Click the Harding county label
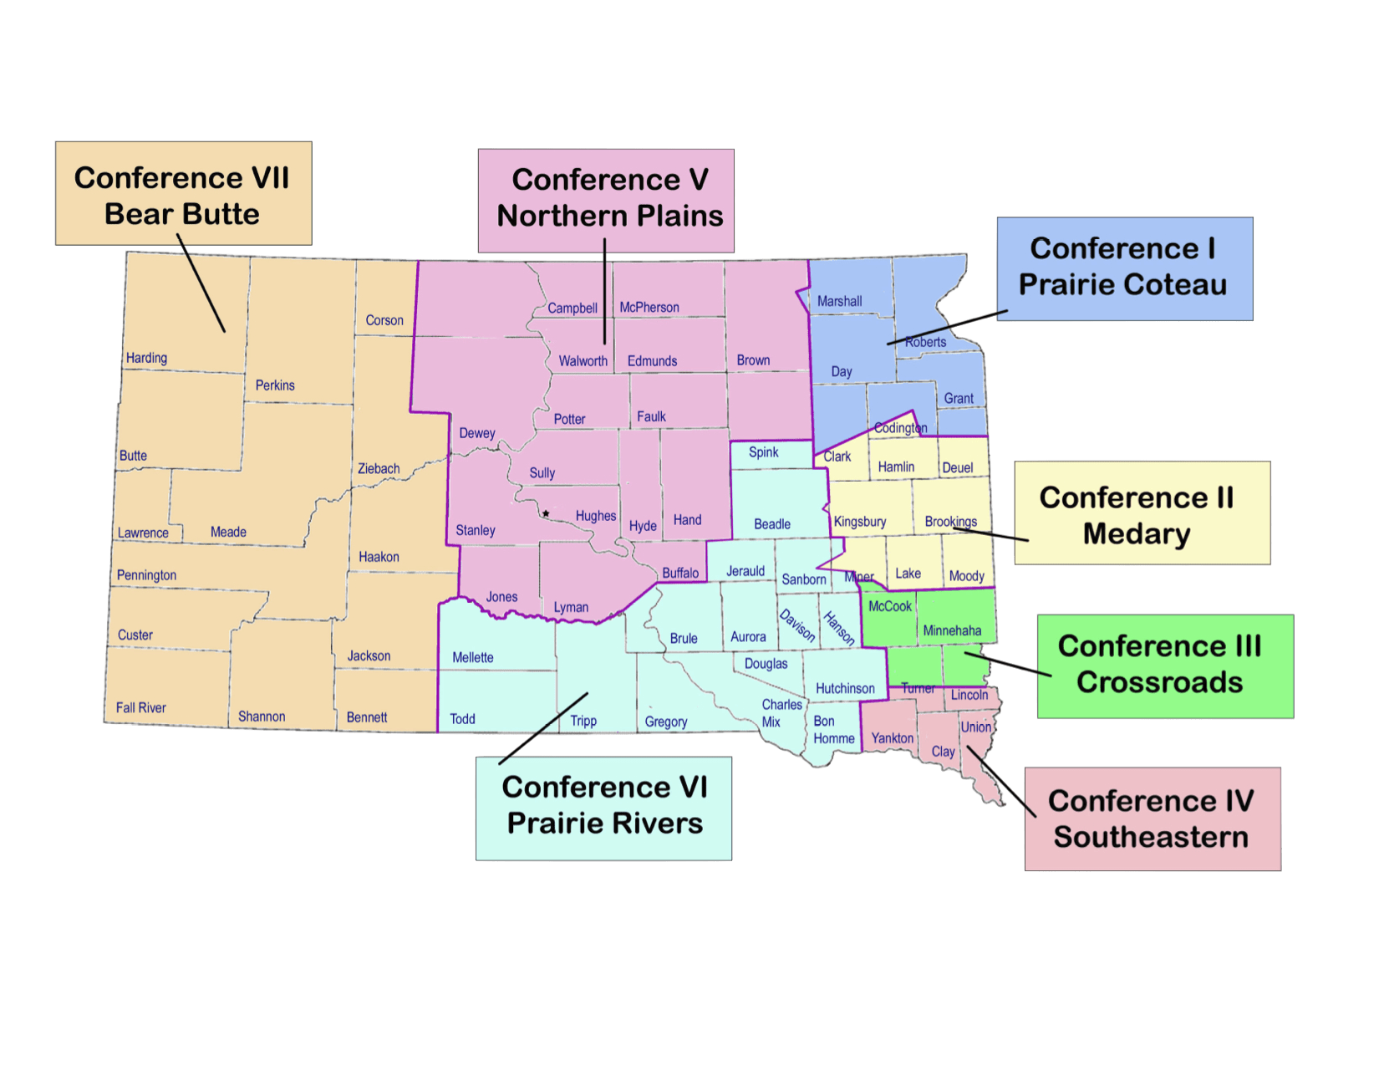(x=146, y=358)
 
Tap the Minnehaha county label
(x=952, y=630)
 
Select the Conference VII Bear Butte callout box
(x=183, y=194)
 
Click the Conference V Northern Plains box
(x=607, y=199)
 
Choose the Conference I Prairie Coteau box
(x=1124, y=268)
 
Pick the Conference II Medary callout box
(x=1142, y=513)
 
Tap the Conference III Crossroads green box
(x=1164, y=666)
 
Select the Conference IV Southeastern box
(x=1152, y=819)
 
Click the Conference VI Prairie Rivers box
(x=603, y=807)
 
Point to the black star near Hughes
(x=546, y=513)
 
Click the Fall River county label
(x=140, y=707)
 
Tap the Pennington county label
(x=146, y=575)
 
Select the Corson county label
(x=384, y=320)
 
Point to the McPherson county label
(x=649, y=308)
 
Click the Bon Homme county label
(x=833, y=730)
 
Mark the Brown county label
(x=753, y=360)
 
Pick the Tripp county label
(x=583, y=721)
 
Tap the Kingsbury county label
(x=860, y=522)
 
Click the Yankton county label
(x=892, y=737)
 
